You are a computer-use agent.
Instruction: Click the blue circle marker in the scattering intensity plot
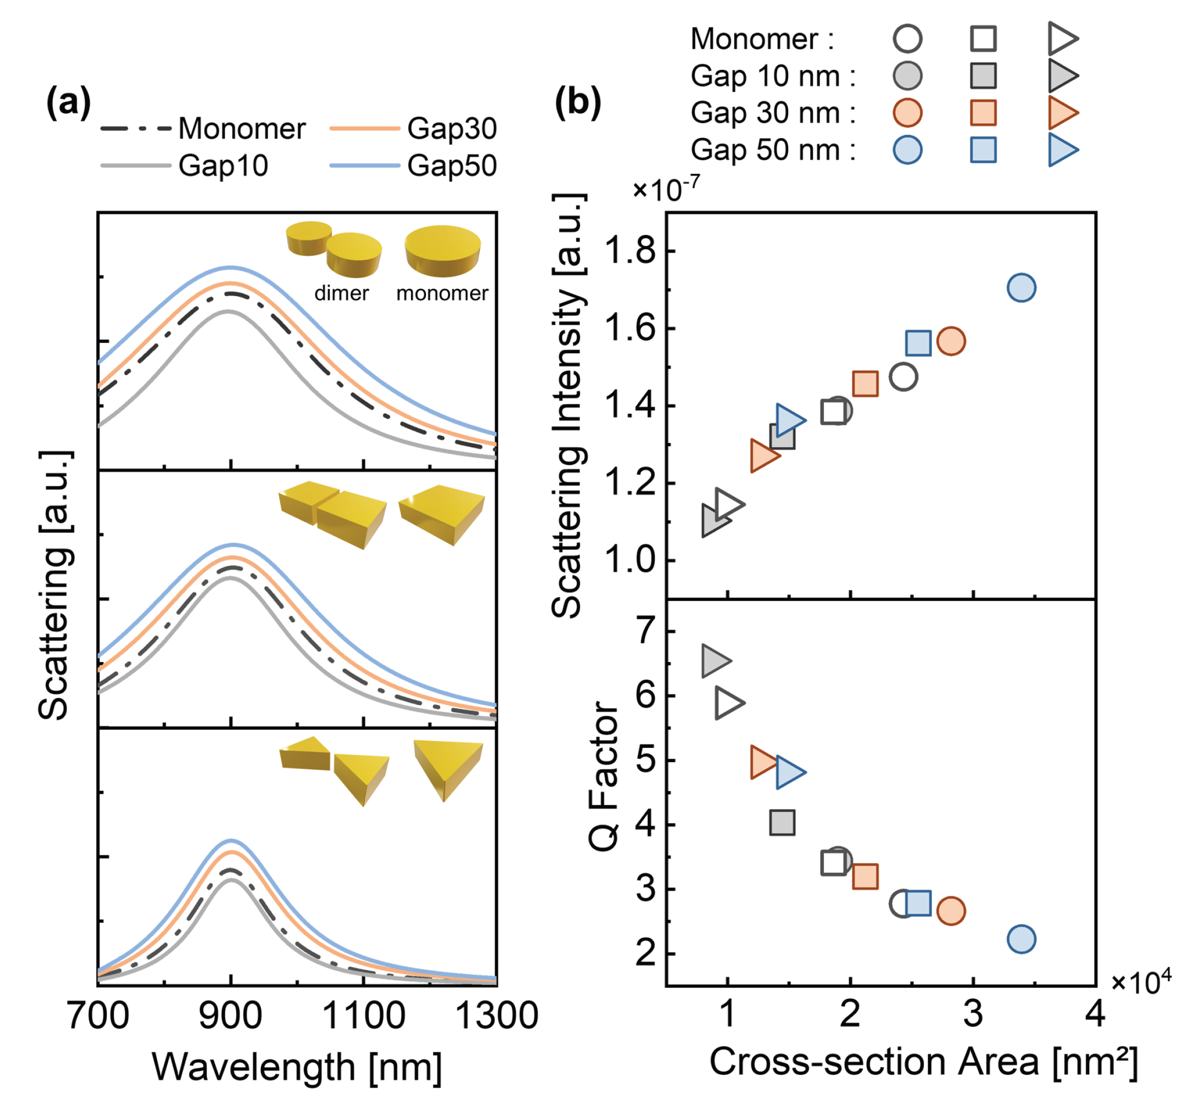pyautogui.click(x=1021, y=288)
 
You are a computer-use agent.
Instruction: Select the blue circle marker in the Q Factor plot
pyautogui.click(x=1021, y=939)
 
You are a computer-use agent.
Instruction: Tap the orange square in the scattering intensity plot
pyautogui.click(x=865, y=384)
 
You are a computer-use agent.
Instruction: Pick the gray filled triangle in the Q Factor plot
pyautogui.click(x=715, y=661)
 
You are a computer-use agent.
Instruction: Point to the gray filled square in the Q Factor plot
pyautogui.click(x=782, y=822)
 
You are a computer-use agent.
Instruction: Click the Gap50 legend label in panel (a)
pyautogui.click(x=452, y=166)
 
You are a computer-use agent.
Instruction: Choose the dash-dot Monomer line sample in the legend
pyautogui.click(x=136, y=128)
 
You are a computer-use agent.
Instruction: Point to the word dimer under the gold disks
pyautogui.click(x=341, y=293)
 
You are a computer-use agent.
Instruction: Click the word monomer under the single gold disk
pyautogui.click(x=442, y=293)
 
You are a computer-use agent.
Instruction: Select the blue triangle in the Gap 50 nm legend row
pyautogui.click(x=1062, y=150)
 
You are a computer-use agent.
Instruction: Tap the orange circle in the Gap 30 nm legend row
pyautogui.click(x=908, y=113)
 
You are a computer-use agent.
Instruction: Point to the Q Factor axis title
pyautogui.click(x=604, y=775)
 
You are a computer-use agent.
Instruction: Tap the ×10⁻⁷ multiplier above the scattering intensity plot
pyautogui.click(x=665, y=190)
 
